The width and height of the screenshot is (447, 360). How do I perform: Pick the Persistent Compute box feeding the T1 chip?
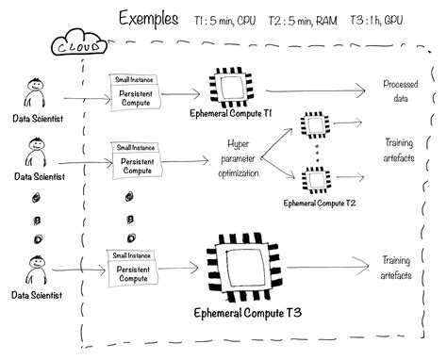click(x=141, y=97)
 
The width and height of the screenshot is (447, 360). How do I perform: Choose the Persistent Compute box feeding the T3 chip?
click(x=141, y=271)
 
